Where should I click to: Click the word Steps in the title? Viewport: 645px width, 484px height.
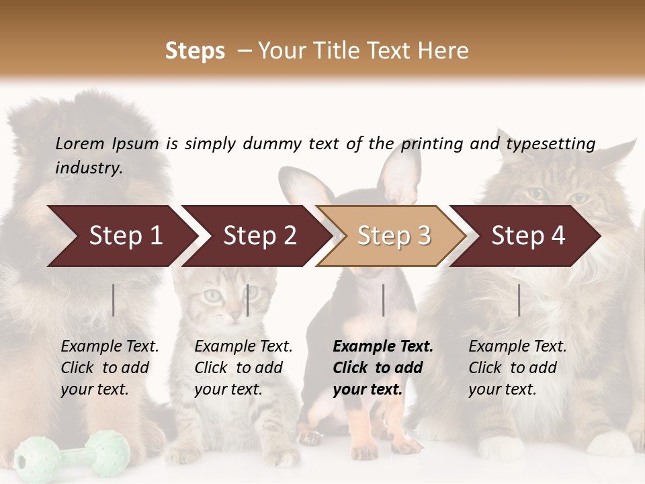(x=195, y=51)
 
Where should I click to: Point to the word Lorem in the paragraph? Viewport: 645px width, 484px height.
(x=79, y=143)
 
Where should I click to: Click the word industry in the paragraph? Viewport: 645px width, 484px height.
(x=88, y=168)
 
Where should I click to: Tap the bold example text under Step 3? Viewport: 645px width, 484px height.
(x=382, y=368)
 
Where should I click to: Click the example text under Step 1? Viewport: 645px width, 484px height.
(x=110, y=368)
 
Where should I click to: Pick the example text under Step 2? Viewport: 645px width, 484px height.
(x=243, y=368)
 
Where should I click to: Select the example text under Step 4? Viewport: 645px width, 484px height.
(x=517, y=368)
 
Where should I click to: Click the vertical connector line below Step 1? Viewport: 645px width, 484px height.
(x=114, y=300)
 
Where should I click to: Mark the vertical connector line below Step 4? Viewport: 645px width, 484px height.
(x=519, y=300)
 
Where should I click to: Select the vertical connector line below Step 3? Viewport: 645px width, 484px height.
(x=383, y=300)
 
